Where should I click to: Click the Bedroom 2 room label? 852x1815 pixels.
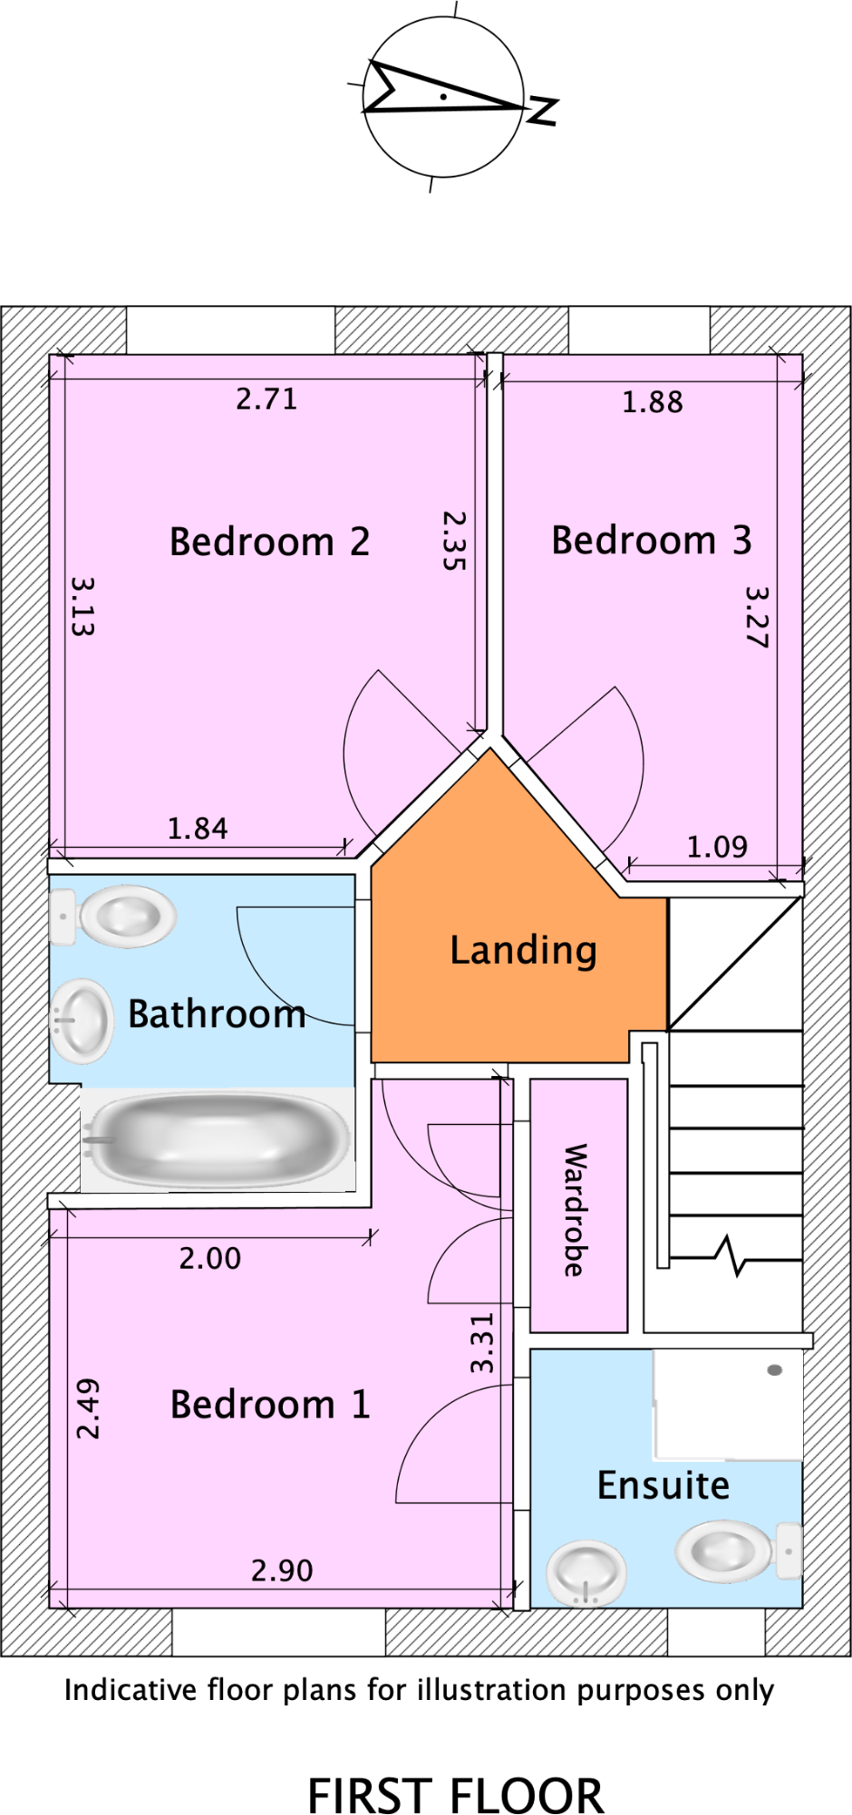click(269, 542)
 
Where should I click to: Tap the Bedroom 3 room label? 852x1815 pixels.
click(651, 540)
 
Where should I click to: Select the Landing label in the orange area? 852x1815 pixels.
click(523, 950)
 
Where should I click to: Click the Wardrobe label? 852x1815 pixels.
click(576, 1210)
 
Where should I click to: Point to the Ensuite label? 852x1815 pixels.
click(663, 1485)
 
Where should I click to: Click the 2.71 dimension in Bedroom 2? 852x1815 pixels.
click(266, 399)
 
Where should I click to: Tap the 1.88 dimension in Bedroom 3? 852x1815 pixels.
click(652, 402)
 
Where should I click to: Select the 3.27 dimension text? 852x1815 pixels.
click(757, 617)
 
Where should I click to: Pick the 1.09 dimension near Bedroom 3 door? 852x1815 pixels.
click(716, 847)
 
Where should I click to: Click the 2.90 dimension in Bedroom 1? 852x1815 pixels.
click(282, 1570)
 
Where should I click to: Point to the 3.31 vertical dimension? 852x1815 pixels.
click(482, 1342)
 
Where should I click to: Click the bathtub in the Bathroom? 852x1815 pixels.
click(218, 1139)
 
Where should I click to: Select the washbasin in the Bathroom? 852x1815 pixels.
click(82, 1021)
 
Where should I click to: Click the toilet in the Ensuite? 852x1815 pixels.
click(730, 1551)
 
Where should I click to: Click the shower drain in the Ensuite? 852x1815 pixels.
click(774, 1370)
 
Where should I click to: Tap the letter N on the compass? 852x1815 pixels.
click(542, 110)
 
